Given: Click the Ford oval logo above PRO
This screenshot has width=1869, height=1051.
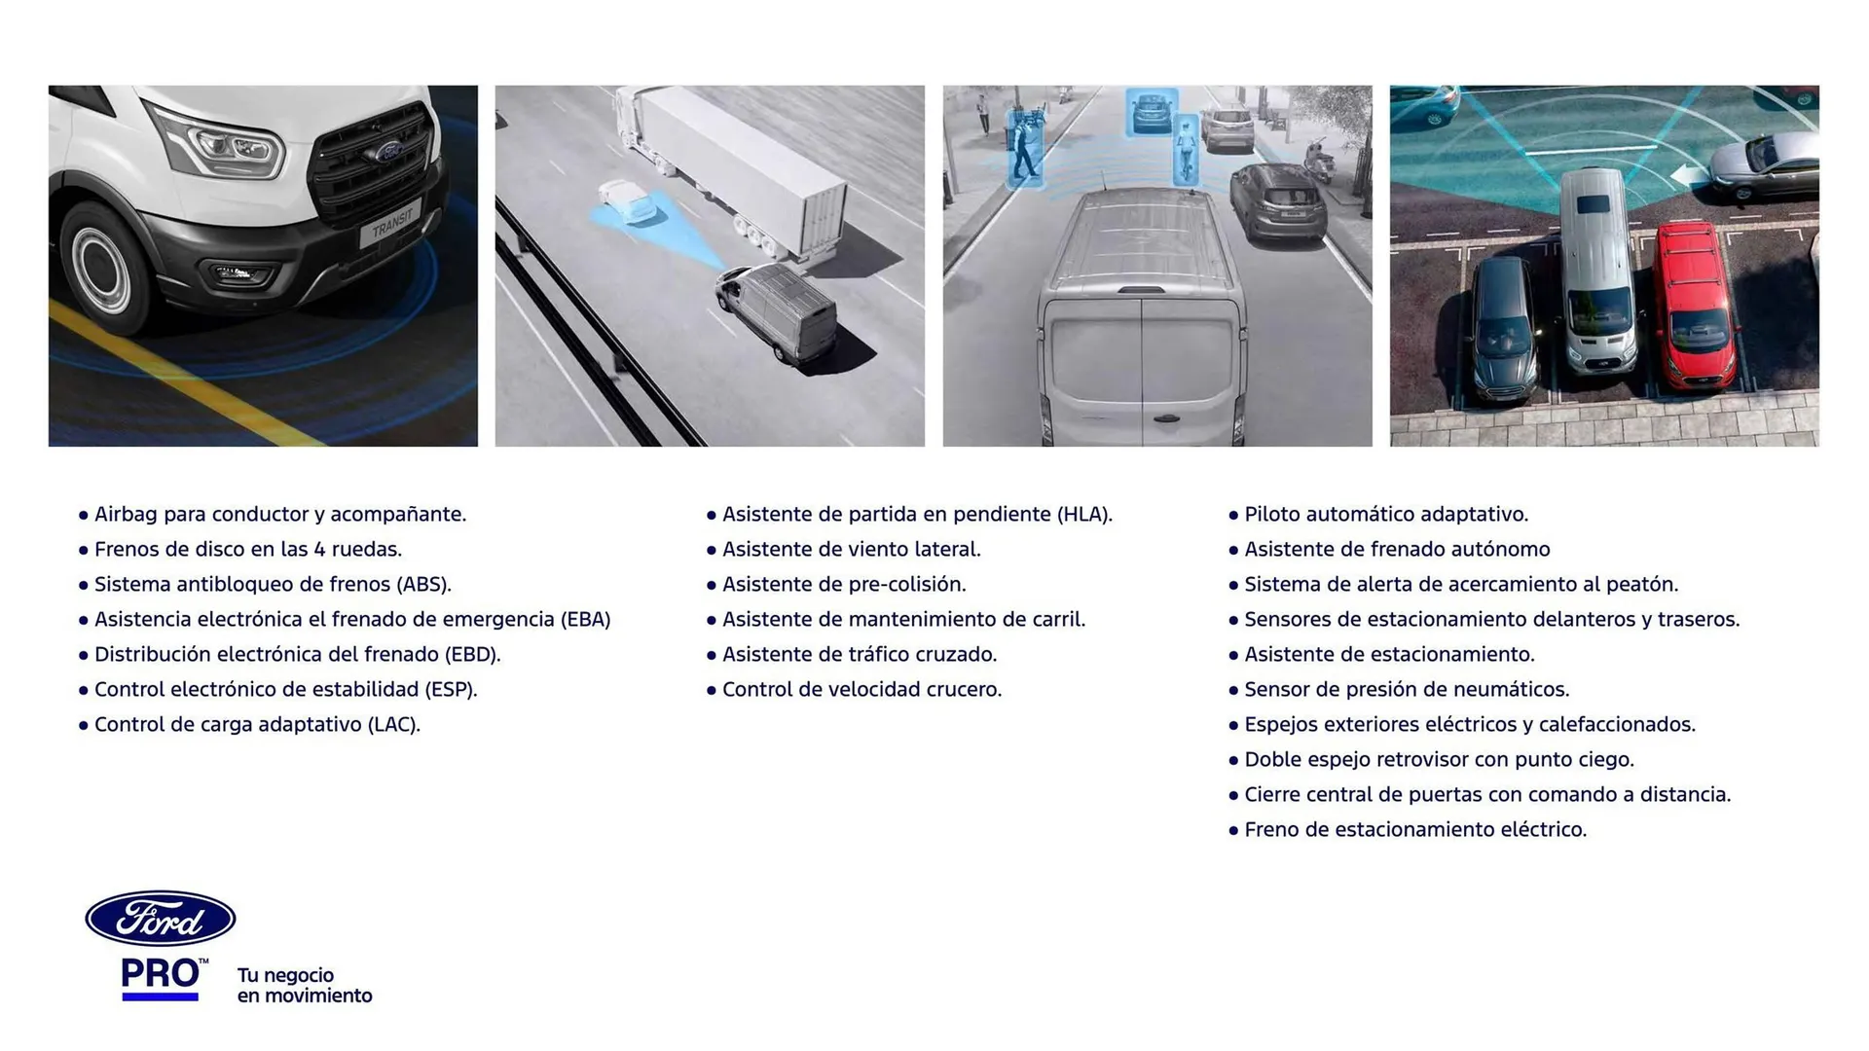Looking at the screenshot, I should [161, 919].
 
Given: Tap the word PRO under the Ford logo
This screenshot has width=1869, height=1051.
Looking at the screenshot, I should [160, 974].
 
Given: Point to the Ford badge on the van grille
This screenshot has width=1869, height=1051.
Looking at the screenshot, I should [386, 152].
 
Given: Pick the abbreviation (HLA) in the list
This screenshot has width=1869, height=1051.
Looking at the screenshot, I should [1084, 515].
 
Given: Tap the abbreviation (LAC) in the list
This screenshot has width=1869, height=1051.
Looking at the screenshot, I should [393, 725].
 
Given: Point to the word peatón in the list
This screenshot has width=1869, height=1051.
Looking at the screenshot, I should [1642, 585].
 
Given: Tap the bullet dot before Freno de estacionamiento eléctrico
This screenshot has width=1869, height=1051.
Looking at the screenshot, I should [1233, 831].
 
